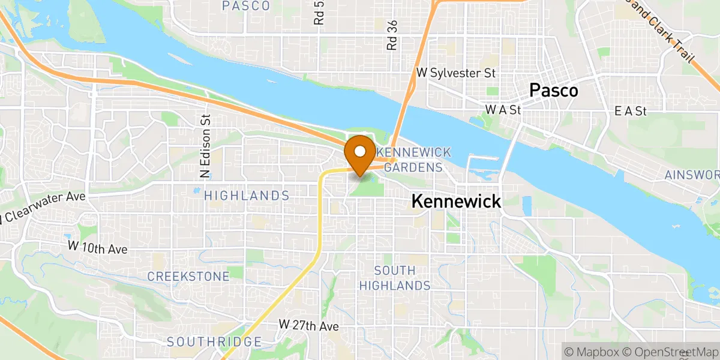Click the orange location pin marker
(361, 155)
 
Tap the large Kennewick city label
(456, 202)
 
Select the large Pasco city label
(554, 91)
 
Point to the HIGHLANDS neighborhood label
(247, 196)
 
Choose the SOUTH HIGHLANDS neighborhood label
(395, 278)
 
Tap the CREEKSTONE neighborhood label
(188, 277)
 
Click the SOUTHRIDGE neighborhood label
(214, 341)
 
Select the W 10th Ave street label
(97, 247)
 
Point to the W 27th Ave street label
(308, 325)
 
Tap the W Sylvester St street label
(457, 73)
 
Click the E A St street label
(630, 111)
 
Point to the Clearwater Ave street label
(45, 204)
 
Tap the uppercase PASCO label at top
(246, 6)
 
